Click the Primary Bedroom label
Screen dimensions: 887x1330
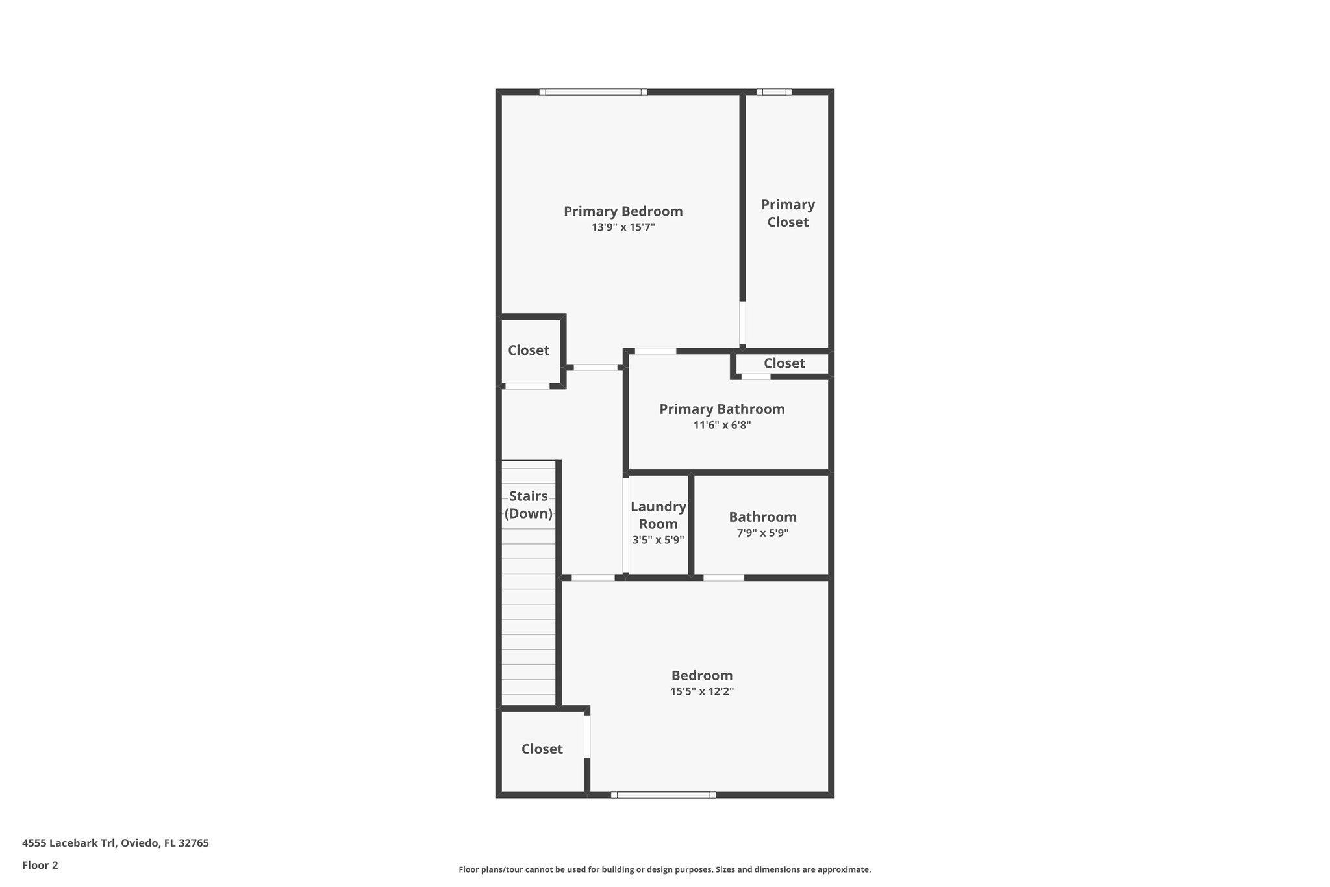[x=623, y=211]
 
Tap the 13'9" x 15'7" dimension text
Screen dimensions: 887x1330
[x=623, y=227]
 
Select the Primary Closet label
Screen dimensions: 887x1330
[x=788, y=213]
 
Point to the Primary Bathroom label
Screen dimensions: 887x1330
[x=721, y=409]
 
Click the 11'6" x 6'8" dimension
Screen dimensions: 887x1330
[x=721, y=425]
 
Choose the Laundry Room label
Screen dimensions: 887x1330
[x=658, y=515]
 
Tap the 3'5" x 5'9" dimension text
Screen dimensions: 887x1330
[x=658, y=539]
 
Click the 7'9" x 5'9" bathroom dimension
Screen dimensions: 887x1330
[x=762, y=533]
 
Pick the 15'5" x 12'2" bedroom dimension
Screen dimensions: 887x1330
[x=701, y=691]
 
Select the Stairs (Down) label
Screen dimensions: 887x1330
[x=528, y=505]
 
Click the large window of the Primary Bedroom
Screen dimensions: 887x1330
[x=593, y=92]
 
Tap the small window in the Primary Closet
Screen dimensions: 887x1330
[x=774, y=92]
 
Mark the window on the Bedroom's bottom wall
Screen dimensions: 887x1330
[x=663, y=795]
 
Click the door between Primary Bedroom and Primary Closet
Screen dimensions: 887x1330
[x=743, y=323]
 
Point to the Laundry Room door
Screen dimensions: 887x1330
[x=626, y=525]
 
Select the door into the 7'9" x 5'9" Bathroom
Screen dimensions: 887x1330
[x=723, y=578]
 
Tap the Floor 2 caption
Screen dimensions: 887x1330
[x=40, y=865]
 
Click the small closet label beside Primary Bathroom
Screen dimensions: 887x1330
[x=784, y=363]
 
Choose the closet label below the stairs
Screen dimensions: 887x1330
[x=542, y=749]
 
